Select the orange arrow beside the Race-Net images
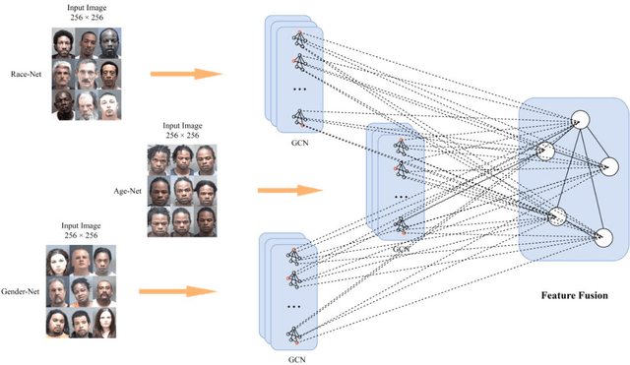(x=185, y=74)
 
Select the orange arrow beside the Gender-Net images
(x=177, y=291)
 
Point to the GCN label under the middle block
(x=401, y=250)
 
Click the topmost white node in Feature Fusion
(x=580, y=120)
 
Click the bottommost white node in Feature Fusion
(x=603, y=237)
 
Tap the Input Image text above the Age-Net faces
(x=181, y=125)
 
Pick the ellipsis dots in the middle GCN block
(x=401, y=196)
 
